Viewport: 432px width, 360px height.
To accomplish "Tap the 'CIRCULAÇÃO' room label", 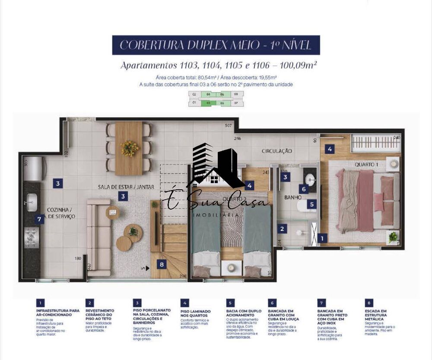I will [277, 151].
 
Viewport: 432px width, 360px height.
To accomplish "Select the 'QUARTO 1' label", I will [366, 165].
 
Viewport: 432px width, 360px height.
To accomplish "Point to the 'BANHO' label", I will [293, 198].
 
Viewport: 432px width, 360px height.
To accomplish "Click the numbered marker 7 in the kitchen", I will [39, 219].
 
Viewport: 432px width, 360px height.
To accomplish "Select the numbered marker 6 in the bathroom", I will [304, 189].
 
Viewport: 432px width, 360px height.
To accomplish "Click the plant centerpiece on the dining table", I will [129, 148].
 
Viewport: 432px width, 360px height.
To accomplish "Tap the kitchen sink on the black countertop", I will [32, 202].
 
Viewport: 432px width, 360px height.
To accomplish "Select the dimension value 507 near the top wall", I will [228, 126].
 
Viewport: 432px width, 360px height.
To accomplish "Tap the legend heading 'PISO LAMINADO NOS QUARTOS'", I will [195, 313].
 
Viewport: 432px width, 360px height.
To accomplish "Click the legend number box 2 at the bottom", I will [89, 303].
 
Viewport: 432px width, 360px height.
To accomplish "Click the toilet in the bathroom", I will [302, 208].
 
